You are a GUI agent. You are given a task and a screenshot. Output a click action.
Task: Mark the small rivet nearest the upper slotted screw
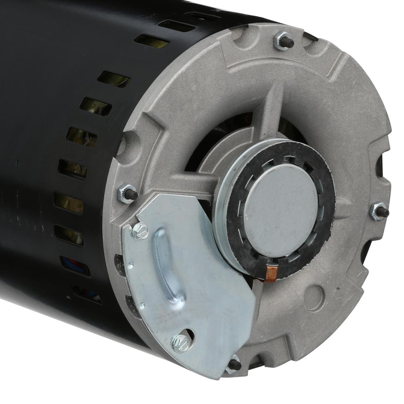pyautogui.click(x=130, y=265)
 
